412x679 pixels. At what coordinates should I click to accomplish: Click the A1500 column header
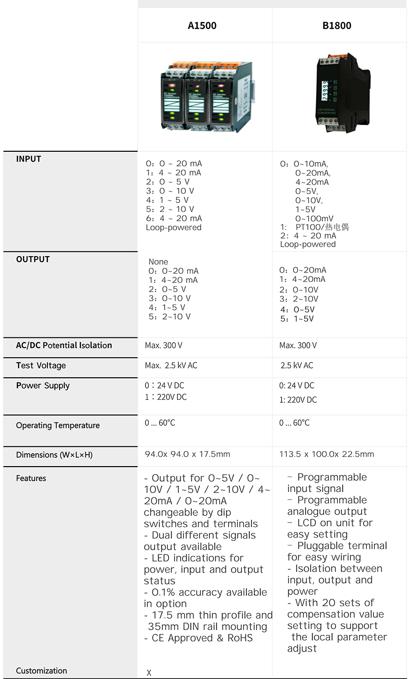tap(202, 26)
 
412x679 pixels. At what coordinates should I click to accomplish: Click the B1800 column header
tap(336, 26)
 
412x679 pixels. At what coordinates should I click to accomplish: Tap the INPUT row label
tap(29, 159)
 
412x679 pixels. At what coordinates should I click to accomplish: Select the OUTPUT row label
tap(33, 259)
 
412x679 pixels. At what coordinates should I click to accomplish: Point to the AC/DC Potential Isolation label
tap(64, 345)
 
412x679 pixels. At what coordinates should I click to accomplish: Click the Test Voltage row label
tap(41, 366)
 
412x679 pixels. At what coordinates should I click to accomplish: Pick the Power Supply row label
tap(43, 386)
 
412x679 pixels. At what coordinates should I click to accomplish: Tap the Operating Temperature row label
tap(58, 426)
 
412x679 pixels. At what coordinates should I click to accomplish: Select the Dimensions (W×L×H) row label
tap(54, 455)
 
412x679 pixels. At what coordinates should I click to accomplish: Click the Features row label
tap(31, 478)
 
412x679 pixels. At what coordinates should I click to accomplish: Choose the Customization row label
tap(41, 671)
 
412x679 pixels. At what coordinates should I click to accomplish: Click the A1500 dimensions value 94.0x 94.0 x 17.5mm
tap(187, 454)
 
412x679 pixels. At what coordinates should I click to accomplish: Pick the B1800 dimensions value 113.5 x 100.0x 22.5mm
tap(327, 454)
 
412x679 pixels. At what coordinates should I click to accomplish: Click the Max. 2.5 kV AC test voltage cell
tap(171, 366)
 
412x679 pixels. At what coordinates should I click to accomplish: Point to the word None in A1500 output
tap(158, 262)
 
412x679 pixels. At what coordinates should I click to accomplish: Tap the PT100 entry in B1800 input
tap(322, 227)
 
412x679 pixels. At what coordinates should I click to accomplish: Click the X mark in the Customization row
tap(149, 672)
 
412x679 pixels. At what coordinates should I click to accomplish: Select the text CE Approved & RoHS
tap(202, 638)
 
